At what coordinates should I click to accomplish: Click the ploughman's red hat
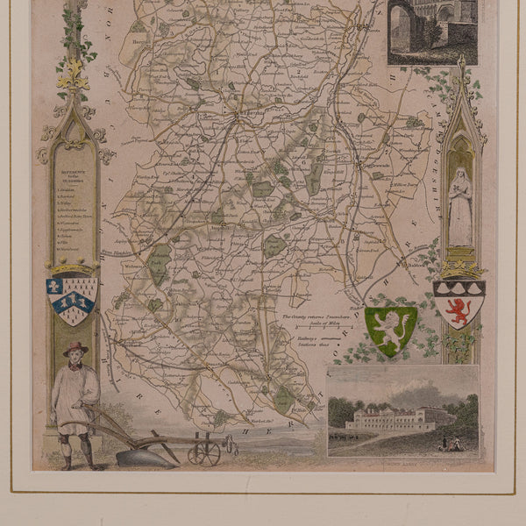pos(75,348)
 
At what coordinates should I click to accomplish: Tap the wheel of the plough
pos(203,452)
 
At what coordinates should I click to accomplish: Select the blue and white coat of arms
pos(72,301)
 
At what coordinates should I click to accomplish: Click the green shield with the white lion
pos(390,330)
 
